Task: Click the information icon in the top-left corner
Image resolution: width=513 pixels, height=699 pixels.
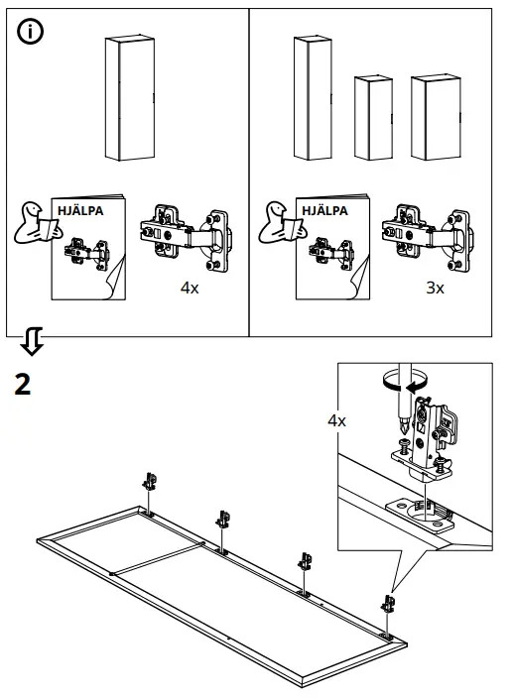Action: click(x=32, y=32)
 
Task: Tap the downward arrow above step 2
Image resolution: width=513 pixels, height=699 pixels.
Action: click(x=32, y=343)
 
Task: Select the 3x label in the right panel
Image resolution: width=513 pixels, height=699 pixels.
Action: click(x=434, y=289)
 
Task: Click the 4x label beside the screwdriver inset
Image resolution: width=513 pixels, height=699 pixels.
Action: click(x=337, y=420)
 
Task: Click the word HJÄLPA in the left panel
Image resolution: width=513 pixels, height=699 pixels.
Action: click(x=80, y=212)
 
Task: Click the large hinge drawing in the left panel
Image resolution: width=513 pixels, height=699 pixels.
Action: click(x=187, y=239)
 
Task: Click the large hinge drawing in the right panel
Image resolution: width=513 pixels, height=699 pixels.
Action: click(x=429, y=239)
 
